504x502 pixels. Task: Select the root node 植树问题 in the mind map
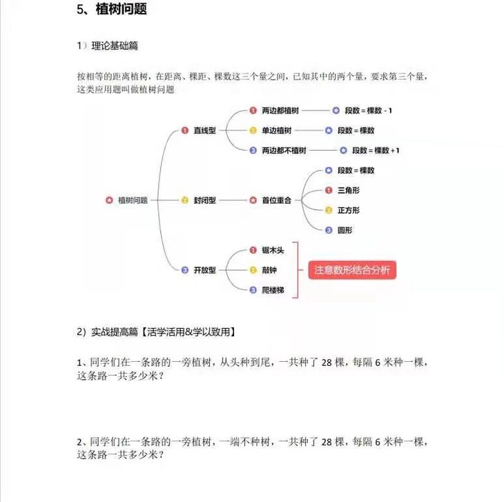point(133,200)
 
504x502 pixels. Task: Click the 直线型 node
point(205,130)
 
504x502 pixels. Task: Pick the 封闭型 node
point(205,200)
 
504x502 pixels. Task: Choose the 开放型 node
point(205,270)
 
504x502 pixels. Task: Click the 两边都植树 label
point(280,110)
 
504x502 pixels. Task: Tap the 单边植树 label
point(277,130)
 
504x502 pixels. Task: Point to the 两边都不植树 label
point(284,150)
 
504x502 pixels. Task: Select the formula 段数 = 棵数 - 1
point(369,110)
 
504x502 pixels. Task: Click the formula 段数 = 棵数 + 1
point(376,150)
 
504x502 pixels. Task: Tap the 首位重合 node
point(276,200)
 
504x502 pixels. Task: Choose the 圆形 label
point(345,230)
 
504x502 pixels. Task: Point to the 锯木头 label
point(273,250)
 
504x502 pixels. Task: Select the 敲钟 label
point(269,270)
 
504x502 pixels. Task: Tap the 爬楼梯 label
point(273,290)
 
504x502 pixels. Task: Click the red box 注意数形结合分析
point(352,270)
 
